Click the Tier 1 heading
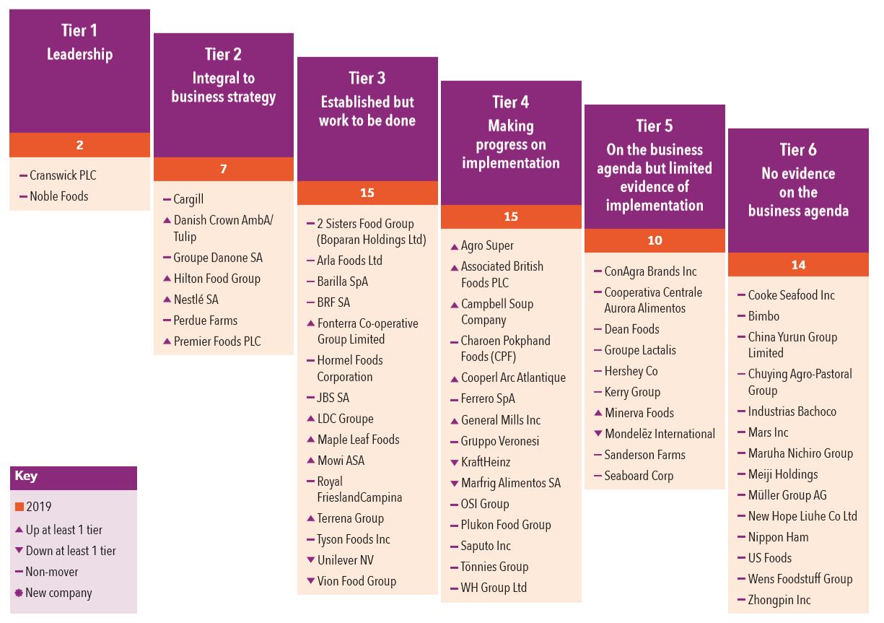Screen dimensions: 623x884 click(79, 30)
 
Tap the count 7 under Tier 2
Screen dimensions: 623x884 click(223, 169)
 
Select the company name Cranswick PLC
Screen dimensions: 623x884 click(63, 175)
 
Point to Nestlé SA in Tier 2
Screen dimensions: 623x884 click(196, 300)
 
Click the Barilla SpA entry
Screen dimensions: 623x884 click(343, 282)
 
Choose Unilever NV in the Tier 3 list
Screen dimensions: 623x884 click(346, 560)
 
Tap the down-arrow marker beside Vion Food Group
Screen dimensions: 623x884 click(311, 581)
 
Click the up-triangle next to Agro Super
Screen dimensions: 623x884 click(455, 246)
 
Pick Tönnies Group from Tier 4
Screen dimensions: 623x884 click(494, 567)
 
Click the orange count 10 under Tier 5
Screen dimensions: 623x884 click(655, 240)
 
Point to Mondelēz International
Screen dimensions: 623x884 click(660, 434)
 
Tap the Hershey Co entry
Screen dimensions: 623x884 click(631, 371)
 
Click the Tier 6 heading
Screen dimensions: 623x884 click(797, 150)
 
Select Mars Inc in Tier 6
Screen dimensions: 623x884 click(768, 432)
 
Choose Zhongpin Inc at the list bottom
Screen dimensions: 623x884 click(779, 600)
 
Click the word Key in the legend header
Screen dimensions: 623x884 click(26, 476)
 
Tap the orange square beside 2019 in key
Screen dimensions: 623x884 click(19, 507)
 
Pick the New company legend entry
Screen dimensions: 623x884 click(58, 593)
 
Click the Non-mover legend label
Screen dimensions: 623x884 click(52, 572)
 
